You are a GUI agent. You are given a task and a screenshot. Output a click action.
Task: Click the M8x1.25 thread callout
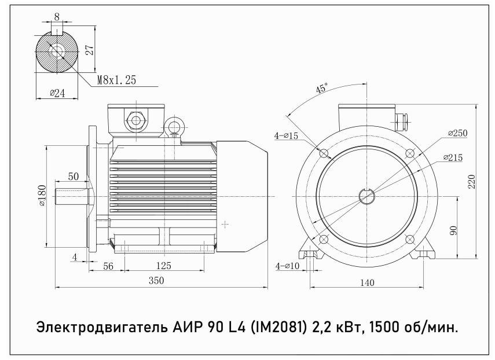pyautogui.click(x=117, y=80)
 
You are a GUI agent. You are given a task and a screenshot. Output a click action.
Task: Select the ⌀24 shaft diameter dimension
pyautogui.click(x=57, y=93)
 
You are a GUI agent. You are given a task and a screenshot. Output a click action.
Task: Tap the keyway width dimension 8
pyautogui.click(x=57, y=17)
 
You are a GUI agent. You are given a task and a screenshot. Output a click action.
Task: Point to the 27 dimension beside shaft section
pyautogui.click(x=90, y=50)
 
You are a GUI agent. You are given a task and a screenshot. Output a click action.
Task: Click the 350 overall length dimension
pyautogui.click(x=156, y=281)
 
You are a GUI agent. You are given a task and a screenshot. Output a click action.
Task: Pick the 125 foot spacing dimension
pyautogui.click(x=163, y=266)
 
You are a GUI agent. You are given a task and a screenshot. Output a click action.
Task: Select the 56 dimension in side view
pyautogui.click(x=108, y=266)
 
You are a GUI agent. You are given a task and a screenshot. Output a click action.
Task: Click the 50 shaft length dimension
pyautogui.click(x=74, y=177)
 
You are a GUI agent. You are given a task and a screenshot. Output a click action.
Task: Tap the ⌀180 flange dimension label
pyautogui.click(x=42, y=196)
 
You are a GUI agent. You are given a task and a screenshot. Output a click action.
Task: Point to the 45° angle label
pyautogui.click(x=322, y=88)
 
